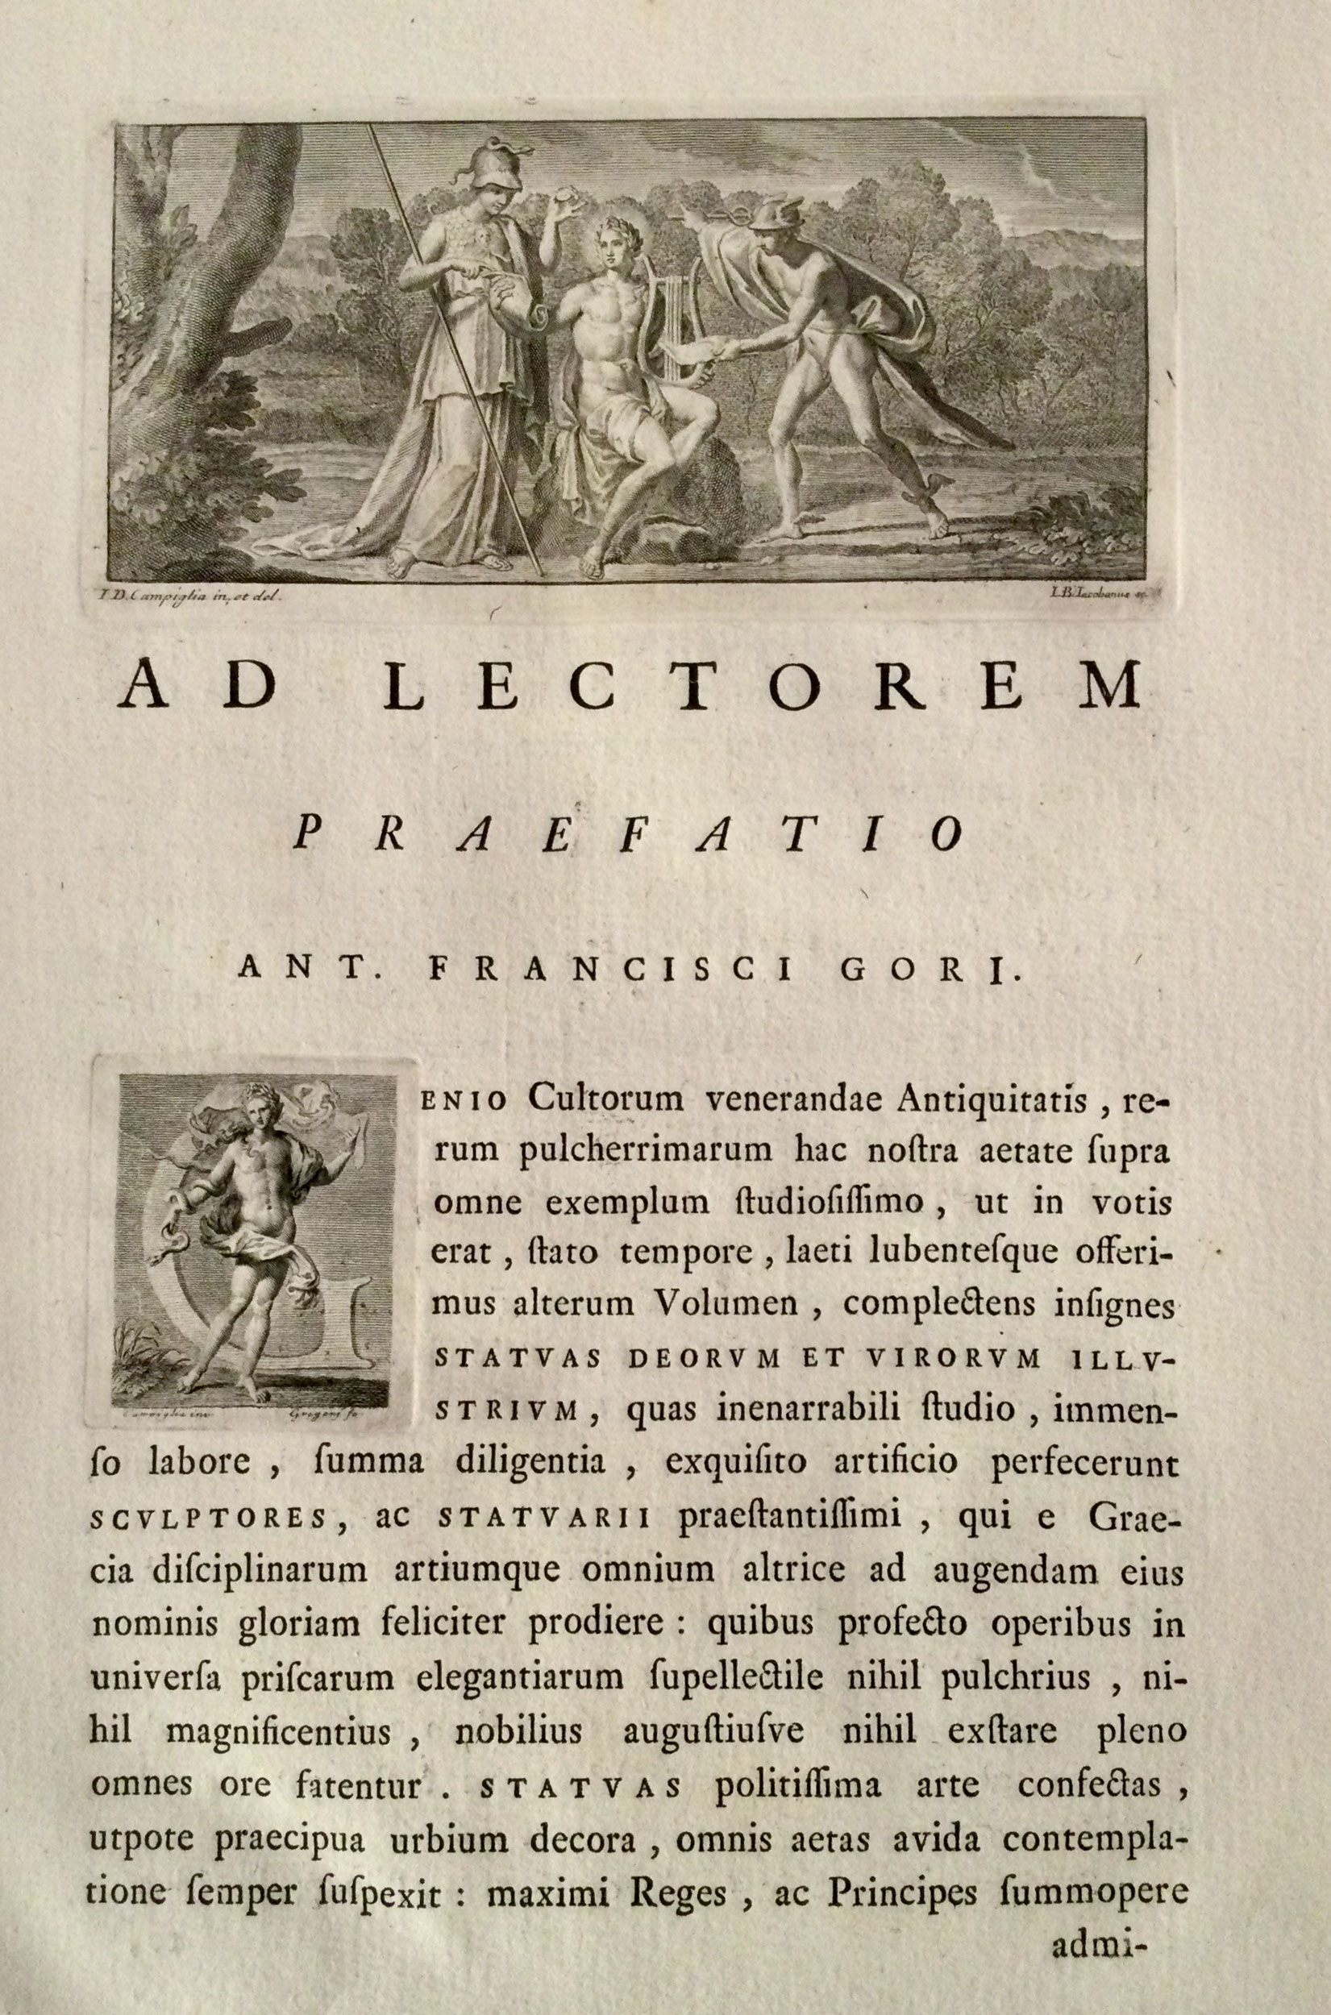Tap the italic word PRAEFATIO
pos(628,836)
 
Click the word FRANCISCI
pos(611,970)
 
